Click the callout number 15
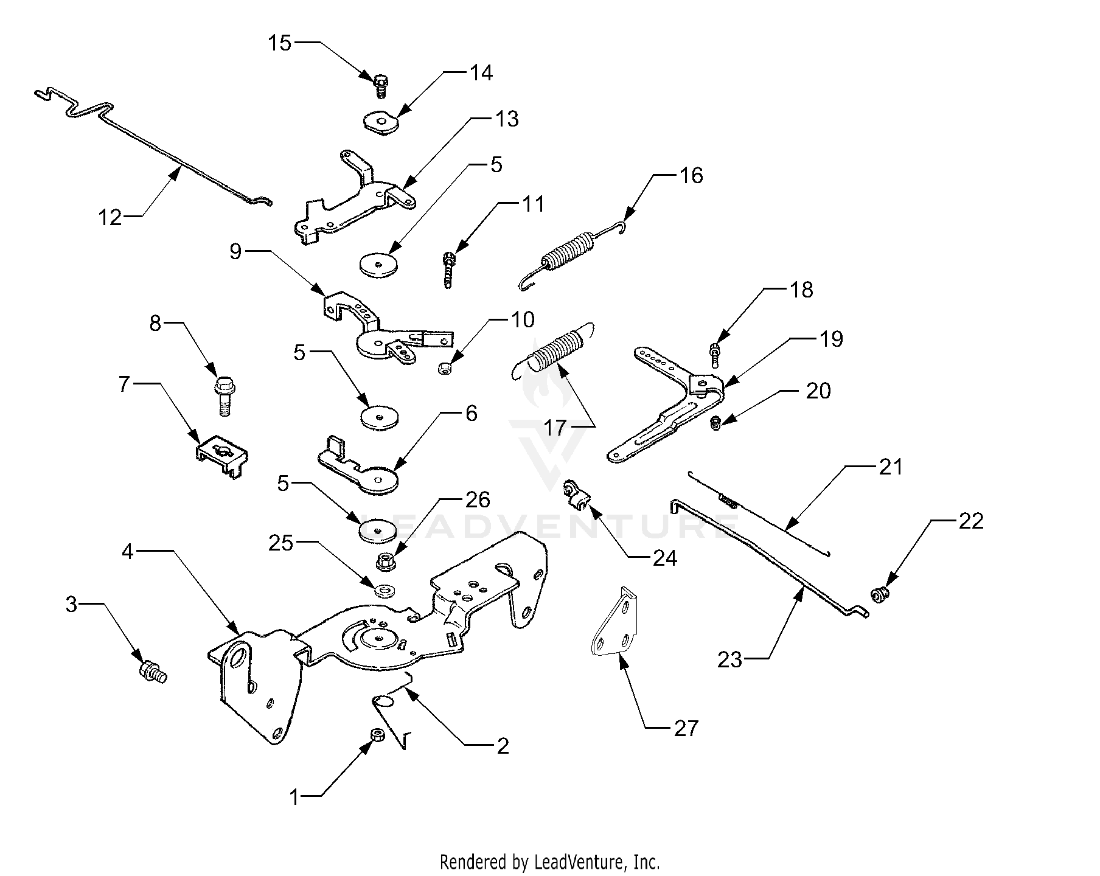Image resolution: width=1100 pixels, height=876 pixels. tap(280, 43)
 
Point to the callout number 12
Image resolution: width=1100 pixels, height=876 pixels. tap(111, 217)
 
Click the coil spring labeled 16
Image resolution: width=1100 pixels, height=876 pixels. tap(571, 251)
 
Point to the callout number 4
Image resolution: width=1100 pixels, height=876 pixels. tap(127, 552)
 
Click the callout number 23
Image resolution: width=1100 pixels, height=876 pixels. tap(730, 659)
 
